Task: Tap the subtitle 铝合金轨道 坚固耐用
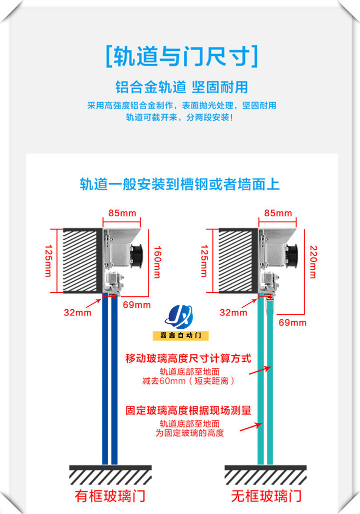click(x=181, y=87)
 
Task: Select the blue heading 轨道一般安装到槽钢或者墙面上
click(x=180, y=184)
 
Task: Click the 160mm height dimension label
click(x=157, y=262)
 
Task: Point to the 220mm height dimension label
click(x=313, y=262)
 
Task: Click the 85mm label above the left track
click(x=122, y=213)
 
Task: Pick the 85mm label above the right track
click(x=278, y=213)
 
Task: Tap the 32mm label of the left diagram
click(x=77, y=312)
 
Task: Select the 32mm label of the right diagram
click(x=233, y=312)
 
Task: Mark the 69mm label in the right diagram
click(x=292, y=322)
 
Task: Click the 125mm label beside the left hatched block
click(x=48, y=261)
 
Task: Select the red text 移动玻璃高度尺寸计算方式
click(x=188, y=358)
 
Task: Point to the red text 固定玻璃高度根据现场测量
click(x=188, y=411)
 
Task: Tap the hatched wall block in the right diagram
click(x=238, y=260)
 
